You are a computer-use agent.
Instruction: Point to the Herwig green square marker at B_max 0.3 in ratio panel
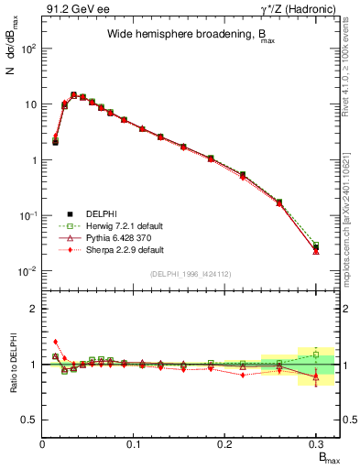316,354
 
